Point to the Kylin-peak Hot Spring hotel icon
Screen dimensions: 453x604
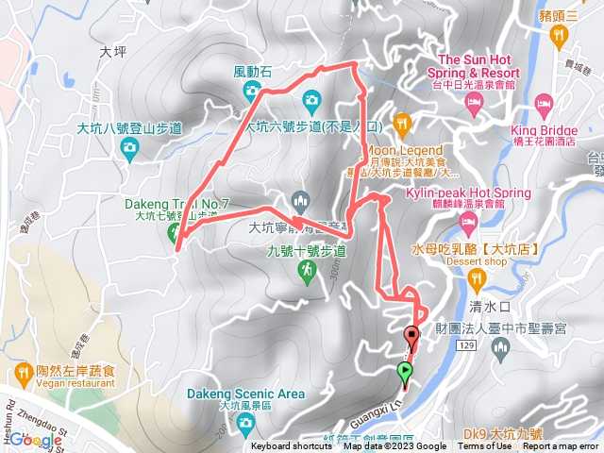(468, 222)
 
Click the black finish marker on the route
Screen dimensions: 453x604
(411, 335)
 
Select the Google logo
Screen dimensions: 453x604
(36, 440)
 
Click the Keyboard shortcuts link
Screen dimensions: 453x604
(284, 446)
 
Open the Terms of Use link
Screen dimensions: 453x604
(483, 446)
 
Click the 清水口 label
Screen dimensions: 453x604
(489, 307)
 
